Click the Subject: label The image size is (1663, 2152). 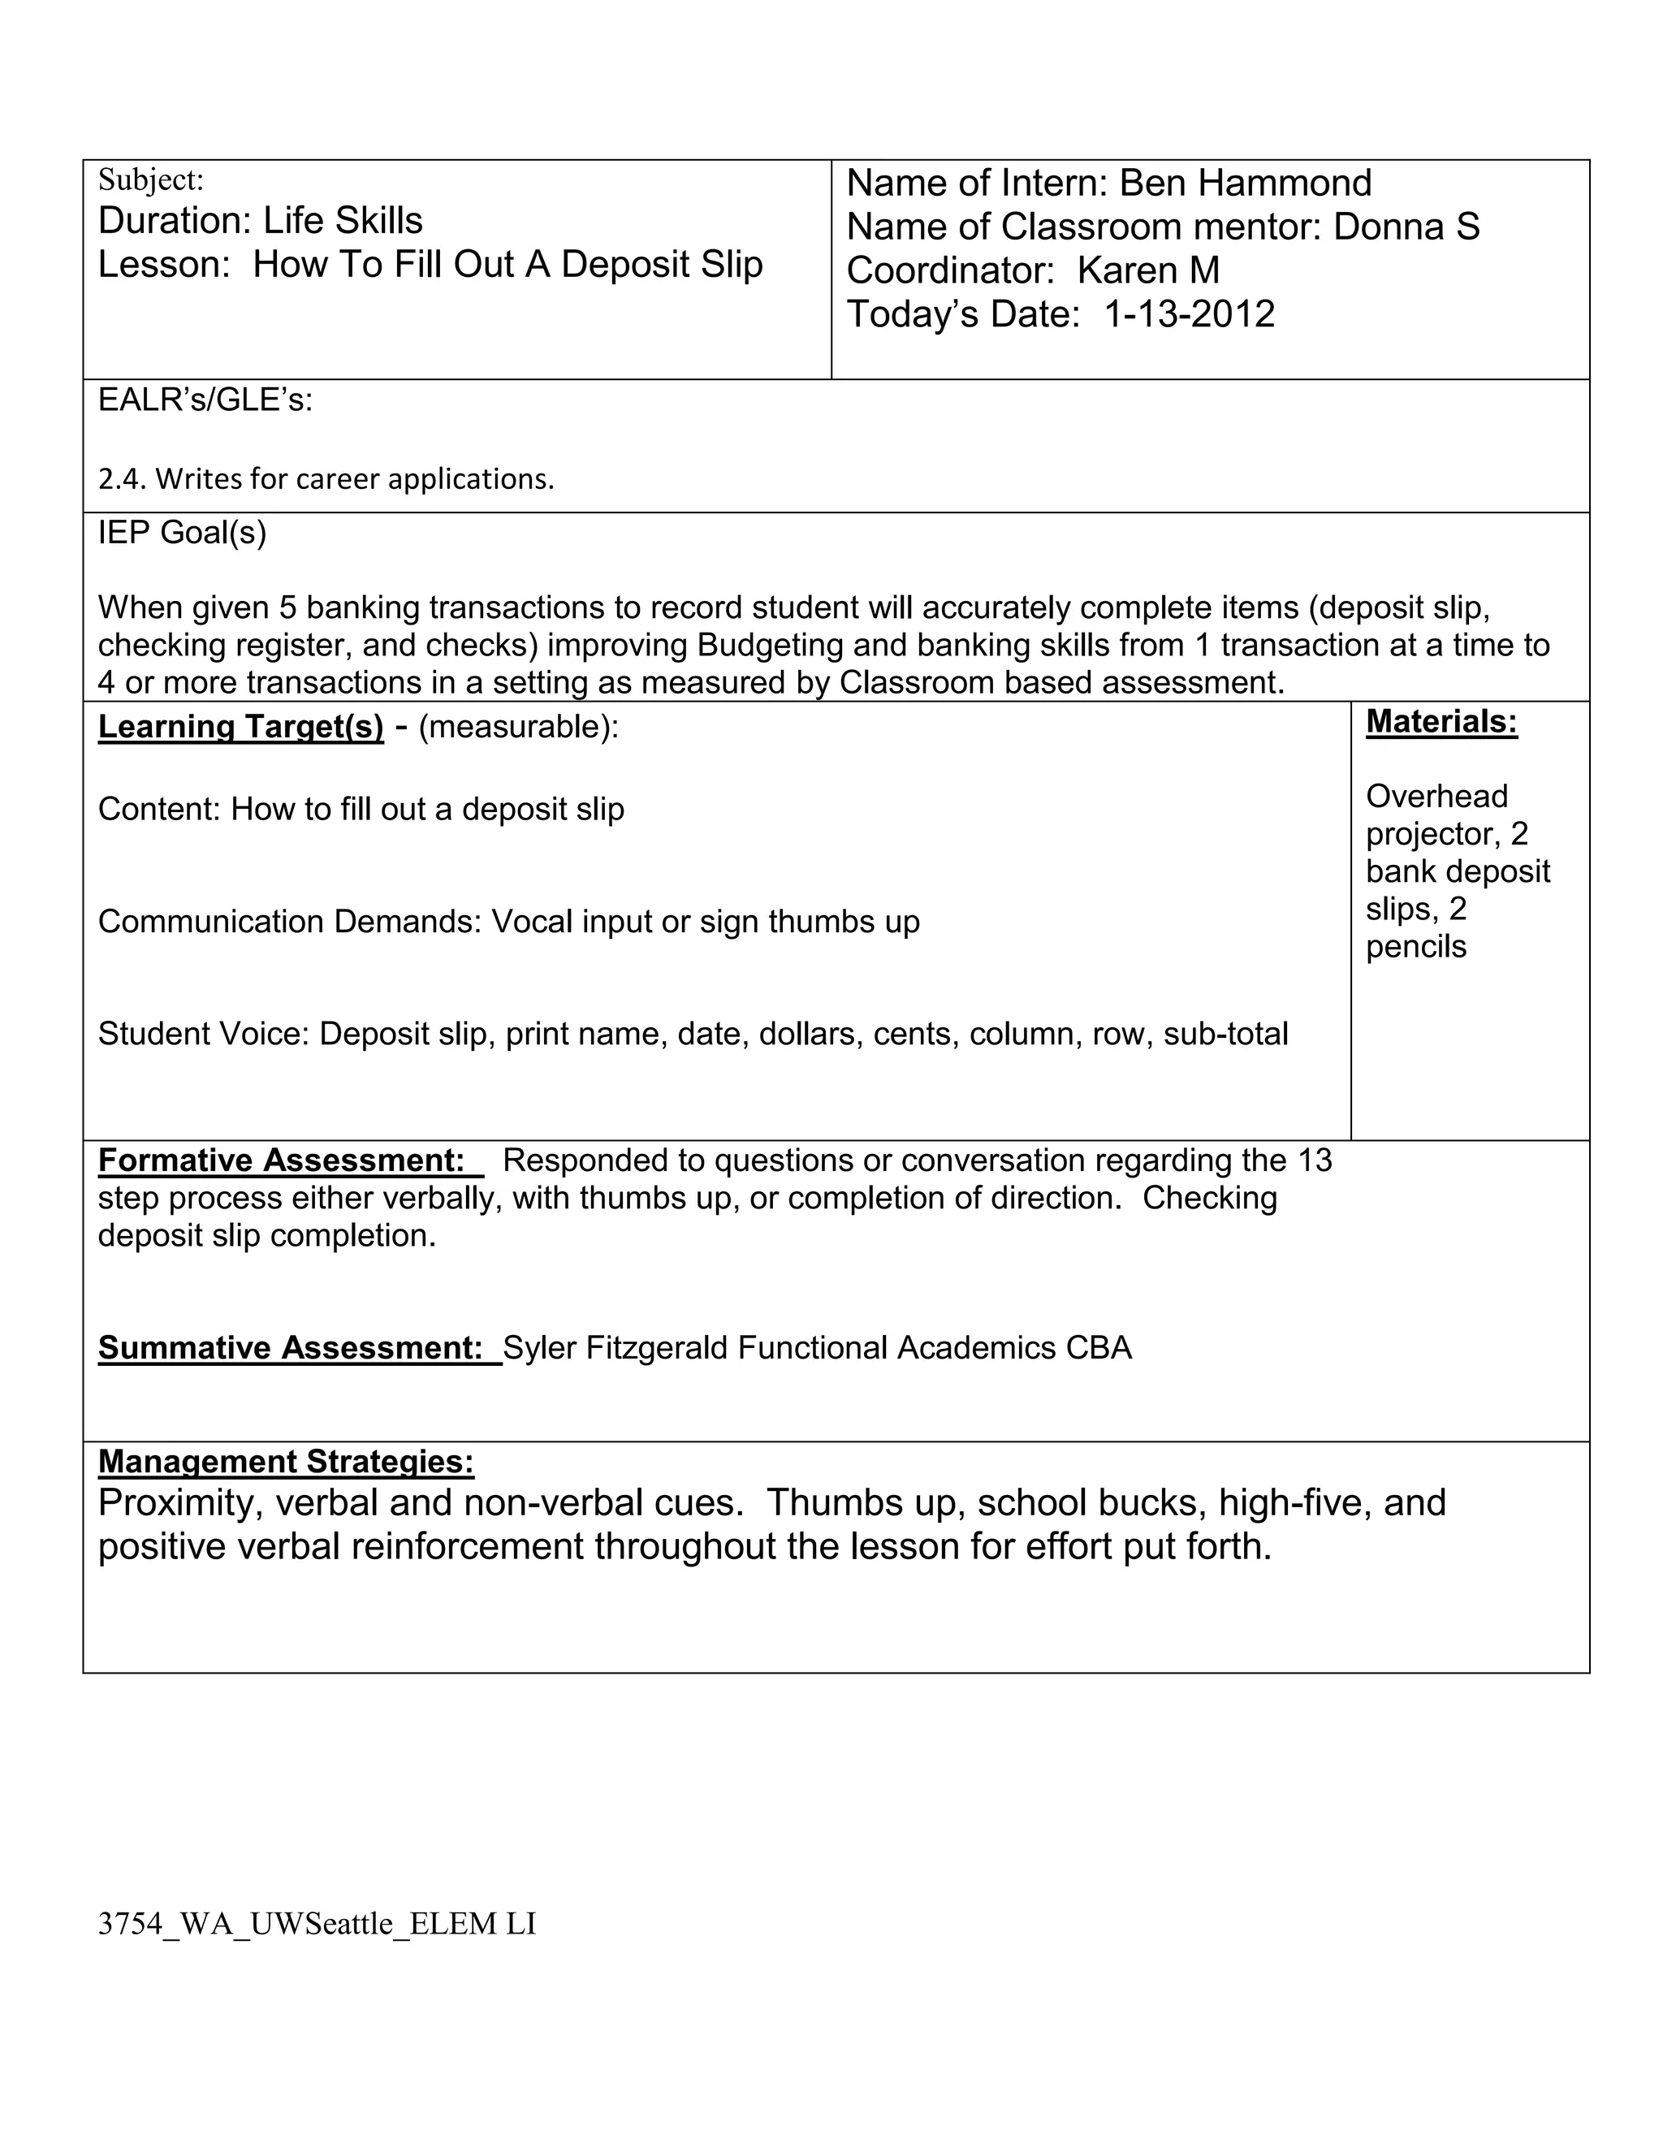(x=151, y=180)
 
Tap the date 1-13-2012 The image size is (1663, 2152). (x=1189, y=314)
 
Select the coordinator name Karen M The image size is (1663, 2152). (x=1147, y=270)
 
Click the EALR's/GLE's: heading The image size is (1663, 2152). (x=205, y=400)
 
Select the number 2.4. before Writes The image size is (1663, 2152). (x=123, y=479)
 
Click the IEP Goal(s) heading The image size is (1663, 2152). (x=182, y=533)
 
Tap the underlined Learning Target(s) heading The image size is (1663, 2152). (x=240, y=727)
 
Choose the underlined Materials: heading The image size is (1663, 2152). (x=1441, y=722)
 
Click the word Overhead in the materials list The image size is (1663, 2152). (x=1436, y=796)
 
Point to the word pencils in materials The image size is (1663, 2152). (x=1415, y=947)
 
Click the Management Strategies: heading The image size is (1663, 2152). (x=286, y=1461)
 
